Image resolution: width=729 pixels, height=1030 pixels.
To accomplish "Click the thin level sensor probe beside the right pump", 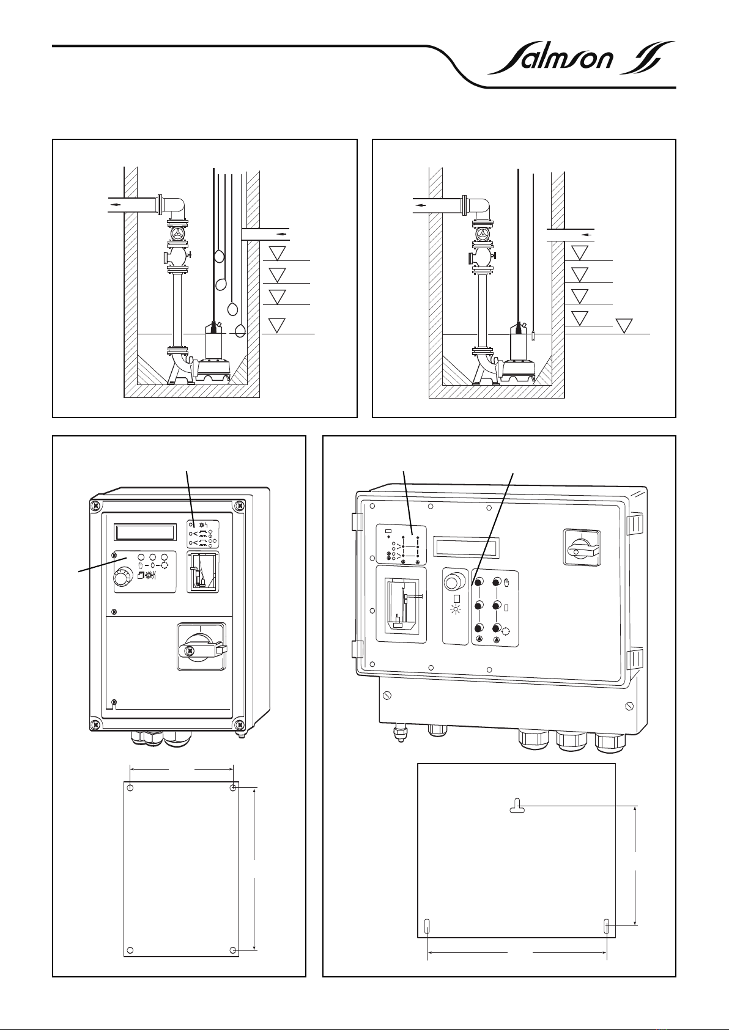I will pos(533,335).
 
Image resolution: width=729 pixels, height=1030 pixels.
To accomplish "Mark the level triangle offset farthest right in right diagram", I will pos(625,326).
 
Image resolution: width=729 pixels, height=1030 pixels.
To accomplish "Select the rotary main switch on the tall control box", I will pos(201,647).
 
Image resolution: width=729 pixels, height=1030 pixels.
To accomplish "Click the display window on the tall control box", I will pos(146,531).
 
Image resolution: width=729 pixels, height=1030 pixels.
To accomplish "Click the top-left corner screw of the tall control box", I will pos(96,506).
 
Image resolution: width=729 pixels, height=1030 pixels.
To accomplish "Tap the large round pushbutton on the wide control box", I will pos(454,581).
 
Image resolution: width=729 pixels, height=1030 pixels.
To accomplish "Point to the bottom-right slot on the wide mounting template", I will pos(607,926).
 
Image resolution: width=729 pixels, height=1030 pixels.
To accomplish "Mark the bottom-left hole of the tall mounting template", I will pos(129,951).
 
